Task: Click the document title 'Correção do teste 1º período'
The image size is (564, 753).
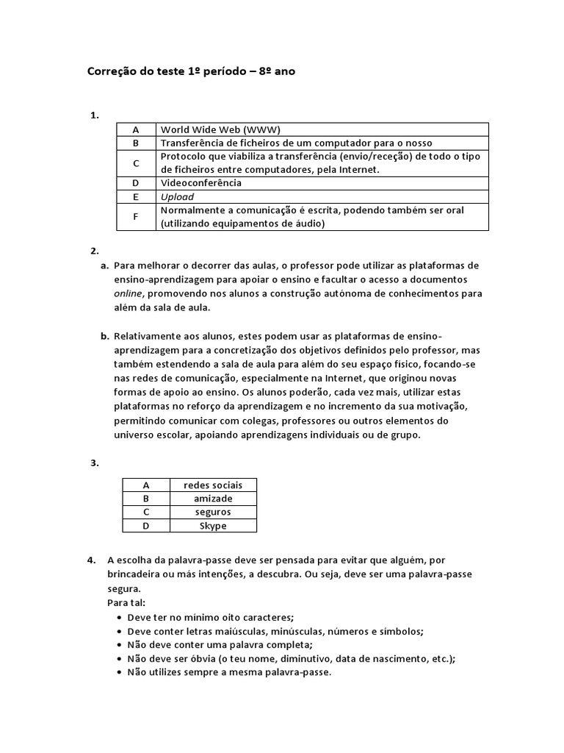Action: coord(192,71)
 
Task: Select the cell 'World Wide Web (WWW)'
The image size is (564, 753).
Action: coord(220,129)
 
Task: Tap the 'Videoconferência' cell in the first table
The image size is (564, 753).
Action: coord(200,183)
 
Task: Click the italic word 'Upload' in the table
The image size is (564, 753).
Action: coord(177,196)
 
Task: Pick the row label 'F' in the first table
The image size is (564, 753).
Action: coord(135,217)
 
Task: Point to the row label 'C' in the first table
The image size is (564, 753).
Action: coord(135,163)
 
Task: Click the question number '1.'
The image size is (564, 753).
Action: coord(94,115)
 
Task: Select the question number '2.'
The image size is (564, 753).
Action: coord(94,251)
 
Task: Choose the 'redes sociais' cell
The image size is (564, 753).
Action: coord(212,485)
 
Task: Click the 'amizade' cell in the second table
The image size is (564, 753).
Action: coord(213,499)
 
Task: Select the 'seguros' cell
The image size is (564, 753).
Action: coord(213,512)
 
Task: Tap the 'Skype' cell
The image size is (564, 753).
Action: coord(213,526)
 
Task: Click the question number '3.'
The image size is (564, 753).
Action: coord(94,463)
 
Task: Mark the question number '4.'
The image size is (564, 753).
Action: coord(92,560)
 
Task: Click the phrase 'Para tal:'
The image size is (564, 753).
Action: coord(126,603)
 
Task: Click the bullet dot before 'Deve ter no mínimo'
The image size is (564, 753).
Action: coord(119,617)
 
